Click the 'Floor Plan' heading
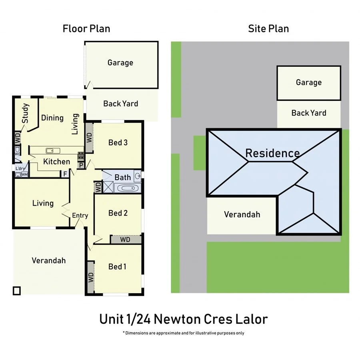click(86, 29)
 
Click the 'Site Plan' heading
click(268, 29)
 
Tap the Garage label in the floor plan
click(120, 63)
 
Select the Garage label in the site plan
click(308, 82)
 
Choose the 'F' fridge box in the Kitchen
click(64, 174)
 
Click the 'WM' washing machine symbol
click(24, 175)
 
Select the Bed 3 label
click(118, 142)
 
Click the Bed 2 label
click(118, 213)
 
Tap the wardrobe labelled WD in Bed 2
click(125, 240)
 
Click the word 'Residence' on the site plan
click(272, 153)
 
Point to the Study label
click(26, 114)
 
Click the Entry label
click(80, 216)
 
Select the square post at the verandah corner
click(16, 291)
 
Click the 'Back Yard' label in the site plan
click(308, 113)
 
